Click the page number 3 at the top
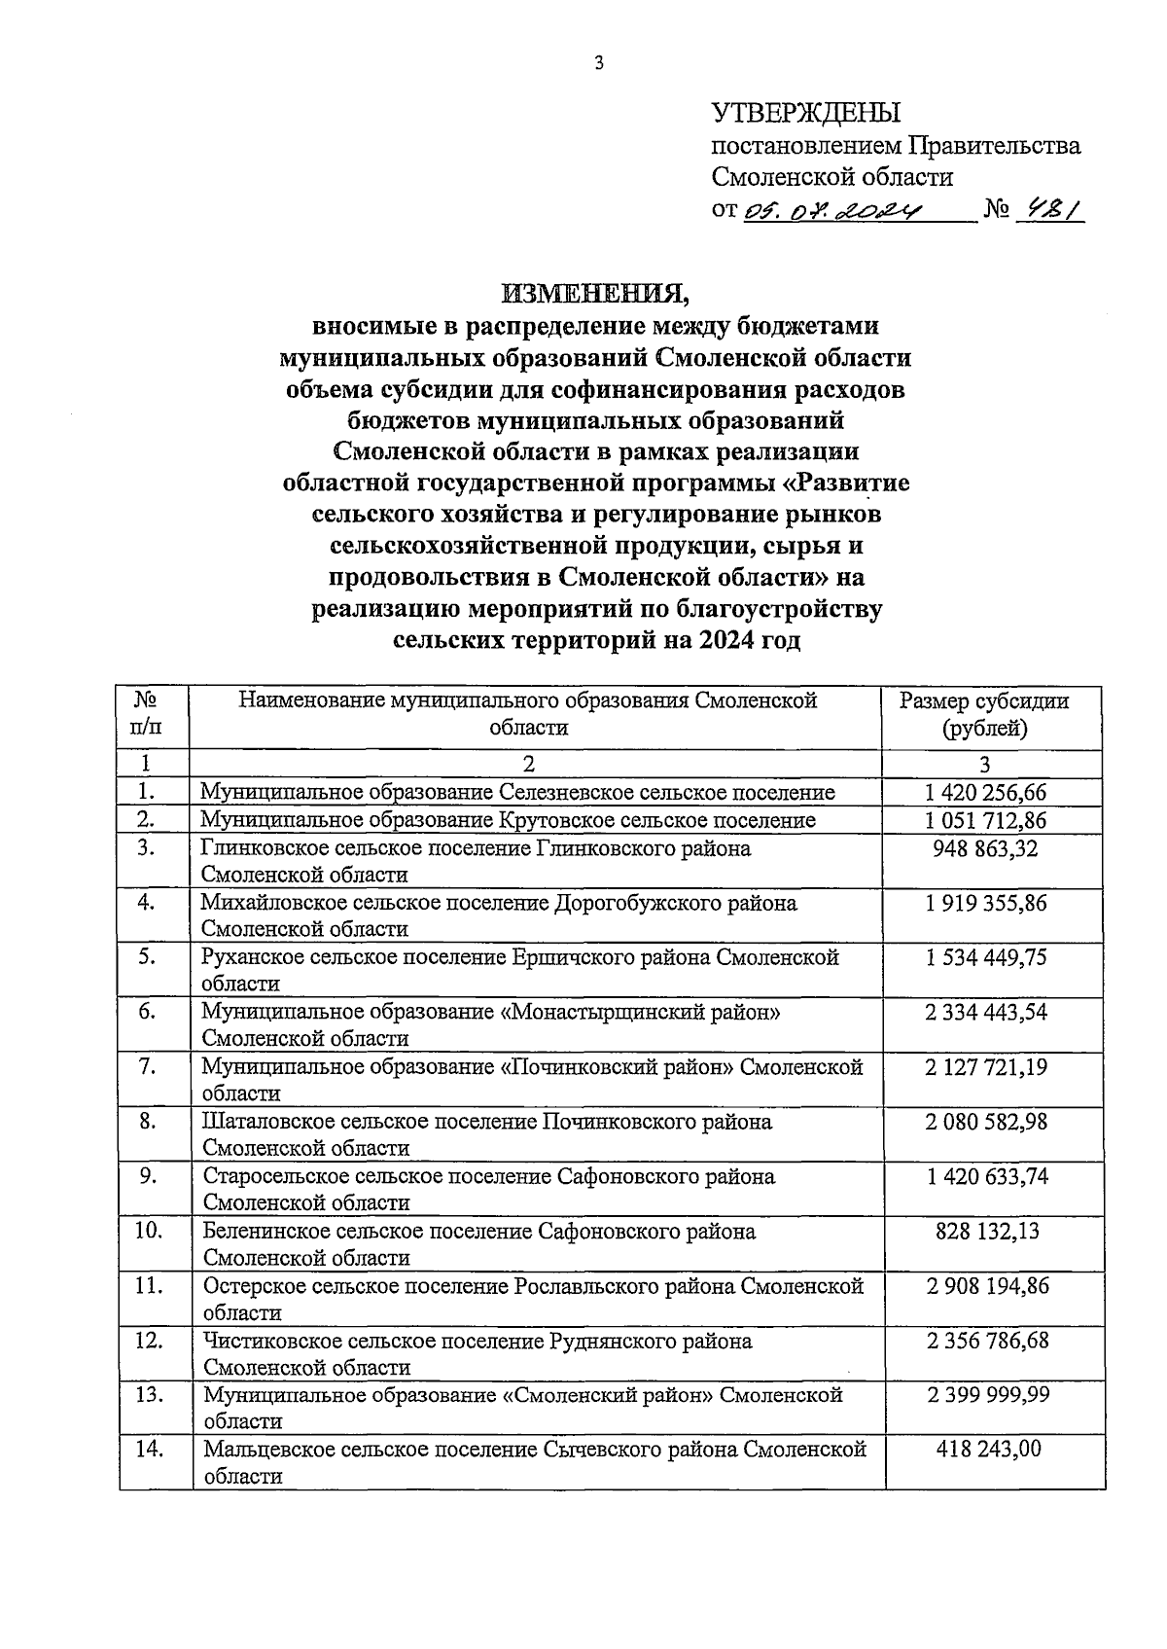[x=599, y=63]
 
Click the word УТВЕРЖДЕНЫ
[x=806, y=113]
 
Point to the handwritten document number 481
[x=1047, y=209]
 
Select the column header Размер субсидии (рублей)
[x=983, y=714]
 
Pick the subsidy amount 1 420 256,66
[x=986, y=792]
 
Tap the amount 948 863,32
[x=986, y=848]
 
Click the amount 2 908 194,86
[x=986, y=1286]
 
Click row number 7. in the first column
[x=147, y=1066]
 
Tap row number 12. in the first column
[x=148, y=1341]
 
